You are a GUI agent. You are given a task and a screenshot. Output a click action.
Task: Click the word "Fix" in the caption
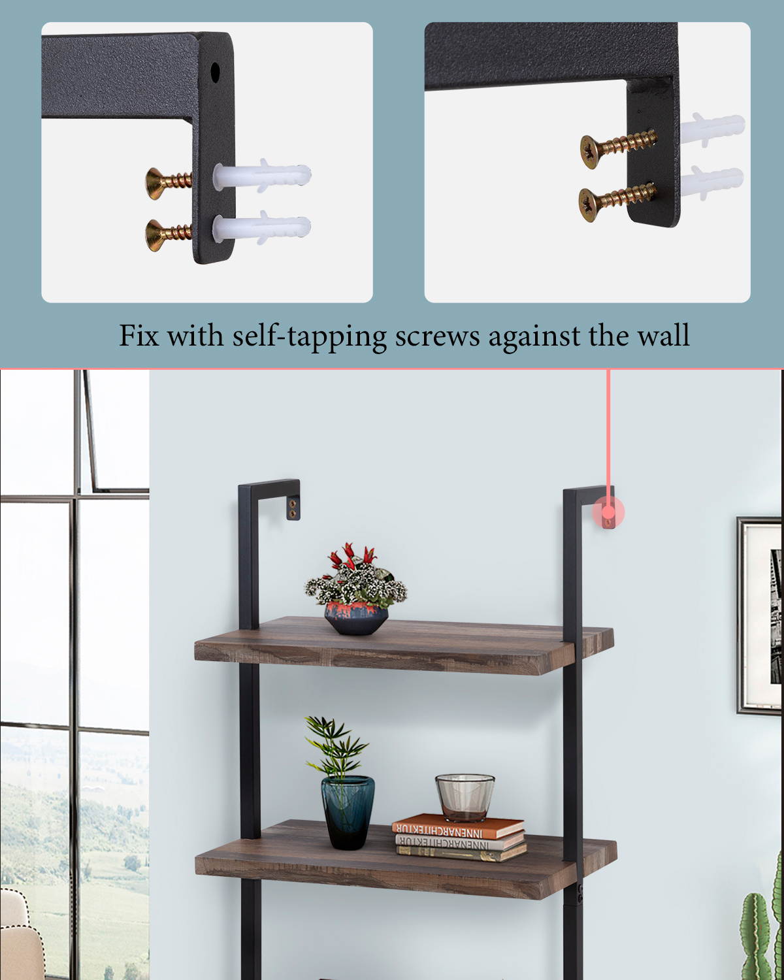click(139, 336)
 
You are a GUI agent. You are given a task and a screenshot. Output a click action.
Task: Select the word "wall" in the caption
click(663, 336)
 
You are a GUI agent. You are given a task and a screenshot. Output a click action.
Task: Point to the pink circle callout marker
click(608, 513)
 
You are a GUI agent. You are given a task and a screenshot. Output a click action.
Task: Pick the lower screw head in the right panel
click(591, 201)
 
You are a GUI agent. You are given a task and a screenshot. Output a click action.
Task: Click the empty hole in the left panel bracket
click(215, 70)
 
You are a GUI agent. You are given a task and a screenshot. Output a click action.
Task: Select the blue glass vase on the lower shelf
click(348, 811)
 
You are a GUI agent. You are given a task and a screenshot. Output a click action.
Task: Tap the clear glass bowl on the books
click(465, 796)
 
